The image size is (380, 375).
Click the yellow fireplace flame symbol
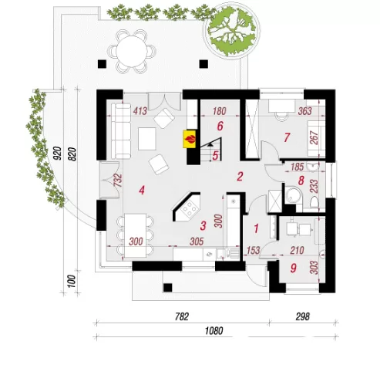point(190,139)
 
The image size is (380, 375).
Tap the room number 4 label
point(142,191)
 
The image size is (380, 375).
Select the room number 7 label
point(287,137)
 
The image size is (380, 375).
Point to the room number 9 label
point(293,268)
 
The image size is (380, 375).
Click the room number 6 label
point(220,126)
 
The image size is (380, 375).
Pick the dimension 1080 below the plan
point(214,331)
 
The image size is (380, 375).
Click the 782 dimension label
point(182,316)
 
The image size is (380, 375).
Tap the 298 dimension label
point(303,316)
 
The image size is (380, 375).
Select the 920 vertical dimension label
point(58,153)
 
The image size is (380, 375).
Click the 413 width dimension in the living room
point(140,111)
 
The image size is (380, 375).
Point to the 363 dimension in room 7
point(305,111)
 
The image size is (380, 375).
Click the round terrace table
point(132,51)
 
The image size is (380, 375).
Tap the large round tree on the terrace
point(231,31)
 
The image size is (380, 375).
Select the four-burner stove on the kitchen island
point(190,209)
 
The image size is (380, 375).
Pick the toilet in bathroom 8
point(314,202)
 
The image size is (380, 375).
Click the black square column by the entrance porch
point(167,287)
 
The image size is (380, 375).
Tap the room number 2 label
point(240,177)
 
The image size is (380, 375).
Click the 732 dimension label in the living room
point(117,181)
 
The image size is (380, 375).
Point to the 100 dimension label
point(72,281)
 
